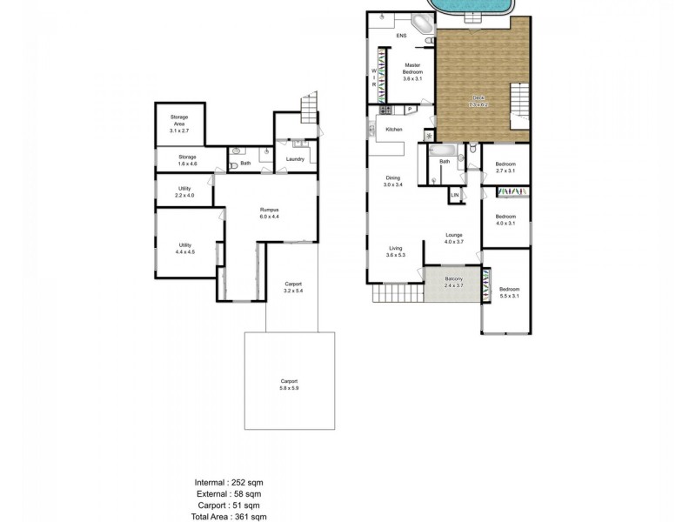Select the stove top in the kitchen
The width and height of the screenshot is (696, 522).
point(386,110)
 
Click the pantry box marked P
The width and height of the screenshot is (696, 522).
point(408,109)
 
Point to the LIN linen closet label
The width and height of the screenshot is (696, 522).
point(454,196)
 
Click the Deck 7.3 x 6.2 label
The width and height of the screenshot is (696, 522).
point(478,101)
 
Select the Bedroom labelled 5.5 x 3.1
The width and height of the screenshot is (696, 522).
point(510,293)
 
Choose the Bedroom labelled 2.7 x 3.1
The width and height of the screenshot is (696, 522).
point(505,167)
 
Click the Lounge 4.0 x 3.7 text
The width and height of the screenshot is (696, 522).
point(453,238)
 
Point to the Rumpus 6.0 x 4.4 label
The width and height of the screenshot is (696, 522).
point(268,213)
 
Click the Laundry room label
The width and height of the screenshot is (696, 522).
point(293,159)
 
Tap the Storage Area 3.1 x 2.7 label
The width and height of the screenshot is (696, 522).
point(179,123)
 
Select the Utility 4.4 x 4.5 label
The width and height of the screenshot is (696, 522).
point(185,248)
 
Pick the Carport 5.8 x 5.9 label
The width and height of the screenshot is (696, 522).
point(290,384)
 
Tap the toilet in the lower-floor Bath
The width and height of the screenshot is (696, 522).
point(232,164)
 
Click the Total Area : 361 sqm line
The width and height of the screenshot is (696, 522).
point(230,515)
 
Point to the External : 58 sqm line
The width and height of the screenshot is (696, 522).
point(230,492)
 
